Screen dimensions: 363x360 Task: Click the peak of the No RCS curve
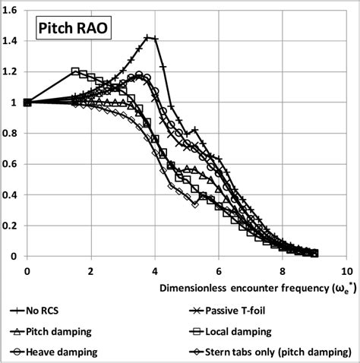click(148, 37)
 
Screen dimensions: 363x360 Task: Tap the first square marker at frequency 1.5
click(75, 72)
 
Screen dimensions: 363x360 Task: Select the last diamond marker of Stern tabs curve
click(195, 205)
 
